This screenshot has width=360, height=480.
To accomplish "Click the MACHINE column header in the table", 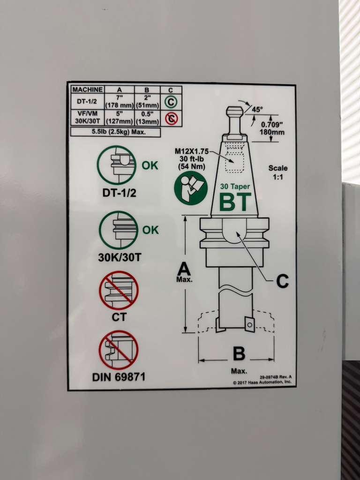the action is coord(87,90).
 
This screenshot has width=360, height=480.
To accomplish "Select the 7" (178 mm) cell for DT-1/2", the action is coord(119,101).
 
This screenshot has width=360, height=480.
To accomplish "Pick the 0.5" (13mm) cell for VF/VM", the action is coord(147,118).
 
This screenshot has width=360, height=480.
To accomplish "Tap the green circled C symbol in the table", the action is coord(171,102).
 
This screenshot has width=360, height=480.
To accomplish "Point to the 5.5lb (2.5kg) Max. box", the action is coord(115,132).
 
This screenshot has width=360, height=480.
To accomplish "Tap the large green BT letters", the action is coord(235,202).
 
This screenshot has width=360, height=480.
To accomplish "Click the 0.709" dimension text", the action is coord(272,125).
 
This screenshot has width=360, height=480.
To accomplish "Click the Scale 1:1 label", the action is coord(278,172).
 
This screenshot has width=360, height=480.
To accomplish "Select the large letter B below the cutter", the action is coord(239,353).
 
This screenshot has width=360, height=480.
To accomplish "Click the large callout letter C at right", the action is coord(282,282).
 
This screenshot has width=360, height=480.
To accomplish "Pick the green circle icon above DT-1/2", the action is coord(117,165).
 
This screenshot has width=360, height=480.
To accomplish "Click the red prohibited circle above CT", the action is coord(119,291).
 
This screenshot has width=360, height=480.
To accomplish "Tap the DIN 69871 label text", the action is coord(119,377).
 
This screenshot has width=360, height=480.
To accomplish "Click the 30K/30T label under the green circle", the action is coord(120,257).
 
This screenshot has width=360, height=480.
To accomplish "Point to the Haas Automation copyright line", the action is coord(262,382).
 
